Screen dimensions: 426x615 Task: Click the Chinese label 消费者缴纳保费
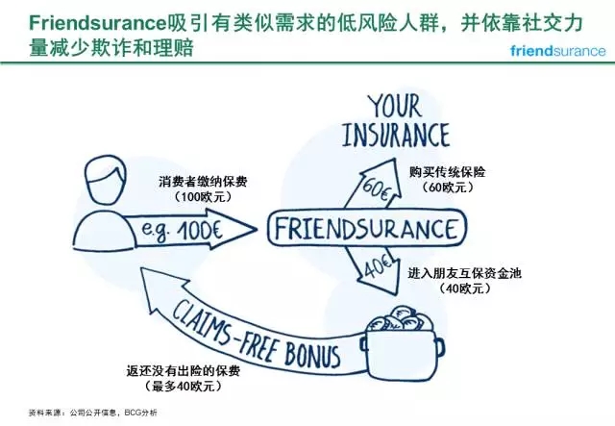205,180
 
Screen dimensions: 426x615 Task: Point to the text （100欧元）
205,196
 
